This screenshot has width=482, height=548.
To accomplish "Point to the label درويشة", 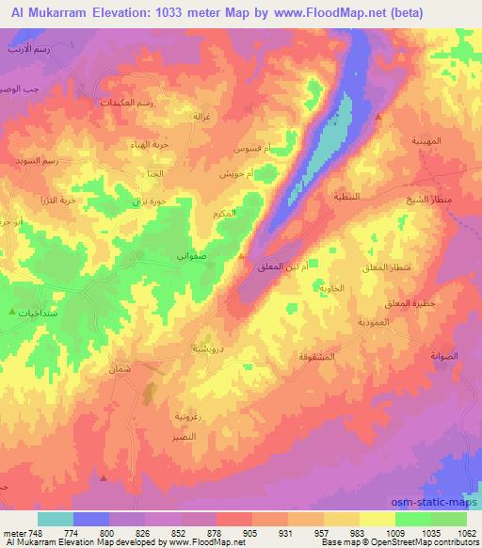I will tap(207, 349).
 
